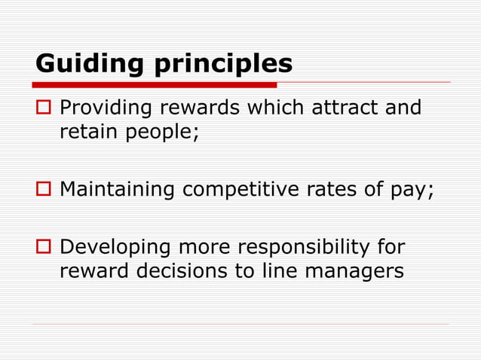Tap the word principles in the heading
[x=224, y=65]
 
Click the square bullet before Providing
[x=43, y=110]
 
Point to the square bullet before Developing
[x=43, y=248]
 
